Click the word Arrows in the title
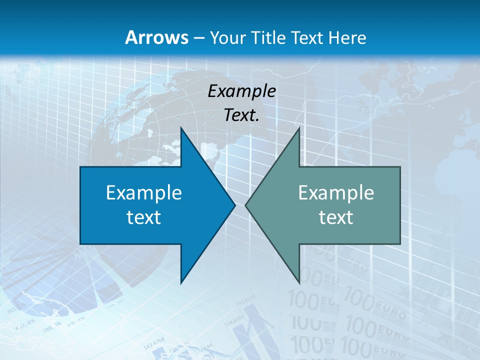pyautogui.click(x=156, y=37)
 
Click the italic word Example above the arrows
pyautogui.click(x=241, y=91)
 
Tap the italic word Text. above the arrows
pyautogui.click(x=241, y=115)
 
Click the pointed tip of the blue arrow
pyautogui.click(x=234, y=205)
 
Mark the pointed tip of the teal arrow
pyautogui.click(x=246, y=205)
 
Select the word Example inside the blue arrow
pyautogui.click(x=144, y=193)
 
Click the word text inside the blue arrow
pyautogui.click(x=144, y=217)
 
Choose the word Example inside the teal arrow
pyautogui.click(x=336, y=193)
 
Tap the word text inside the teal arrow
pyautogui.click(x=336, y=217)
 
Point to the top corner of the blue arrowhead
pyautogui.click(x=181, y=128)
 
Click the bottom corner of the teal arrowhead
pyautogui.click(x=299, y=282)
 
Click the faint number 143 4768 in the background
pyautogui.click(x=154, y=343)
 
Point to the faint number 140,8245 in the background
pyautogui.click(x=245, y=301)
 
